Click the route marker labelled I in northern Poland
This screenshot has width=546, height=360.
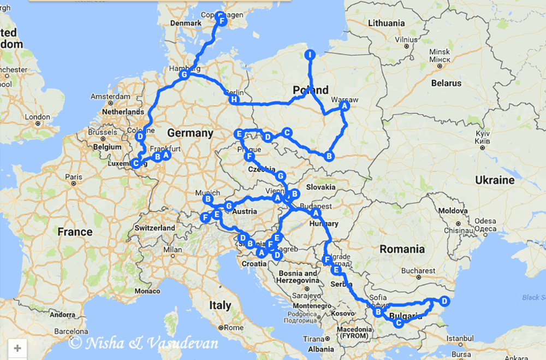click(310, 55)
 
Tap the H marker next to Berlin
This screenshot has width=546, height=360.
click(234, 100)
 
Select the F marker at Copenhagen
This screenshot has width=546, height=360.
click(222, 20)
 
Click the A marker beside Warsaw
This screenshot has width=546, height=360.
click(344, 108)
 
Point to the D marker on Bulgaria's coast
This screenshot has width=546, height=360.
click(444, 301)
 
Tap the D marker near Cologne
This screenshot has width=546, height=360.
click(140, 136)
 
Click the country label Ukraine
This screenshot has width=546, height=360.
click(495, 180)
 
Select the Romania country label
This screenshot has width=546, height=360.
click(402, 249)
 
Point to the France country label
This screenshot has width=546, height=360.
click(75, 232)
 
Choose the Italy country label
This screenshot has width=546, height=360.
click(219, 305)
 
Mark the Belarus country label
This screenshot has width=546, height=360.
click(446, 84)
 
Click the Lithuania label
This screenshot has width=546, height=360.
click(387, 23)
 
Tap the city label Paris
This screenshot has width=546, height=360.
click(74, 177)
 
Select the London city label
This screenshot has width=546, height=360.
click(37, 117)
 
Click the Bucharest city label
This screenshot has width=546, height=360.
click(418, 270)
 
